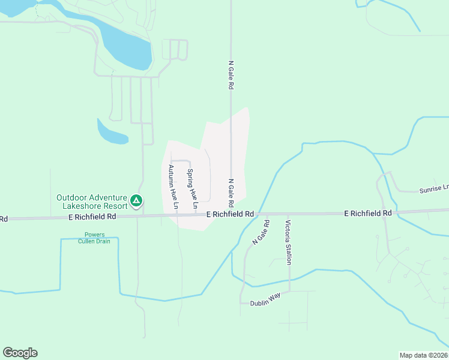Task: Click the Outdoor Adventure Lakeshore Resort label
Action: (x=91, y=202)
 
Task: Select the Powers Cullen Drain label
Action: (x=91, y=238)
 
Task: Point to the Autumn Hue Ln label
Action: (x=173, y=187)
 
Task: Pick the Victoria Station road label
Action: (x=289, y=242)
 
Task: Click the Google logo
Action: (x=20, y=353)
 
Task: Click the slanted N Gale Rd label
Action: (x=261, y=232)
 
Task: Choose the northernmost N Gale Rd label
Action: (x=231, y=74)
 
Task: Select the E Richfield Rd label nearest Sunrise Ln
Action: (x=367, y=213)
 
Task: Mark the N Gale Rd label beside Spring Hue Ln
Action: (x=231, y=191)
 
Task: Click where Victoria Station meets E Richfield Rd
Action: (x=288, y=214)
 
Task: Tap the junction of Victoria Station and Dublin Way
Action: (x=289, y=292)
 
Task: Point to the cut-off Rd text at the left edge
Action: (x=4, y=219)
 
